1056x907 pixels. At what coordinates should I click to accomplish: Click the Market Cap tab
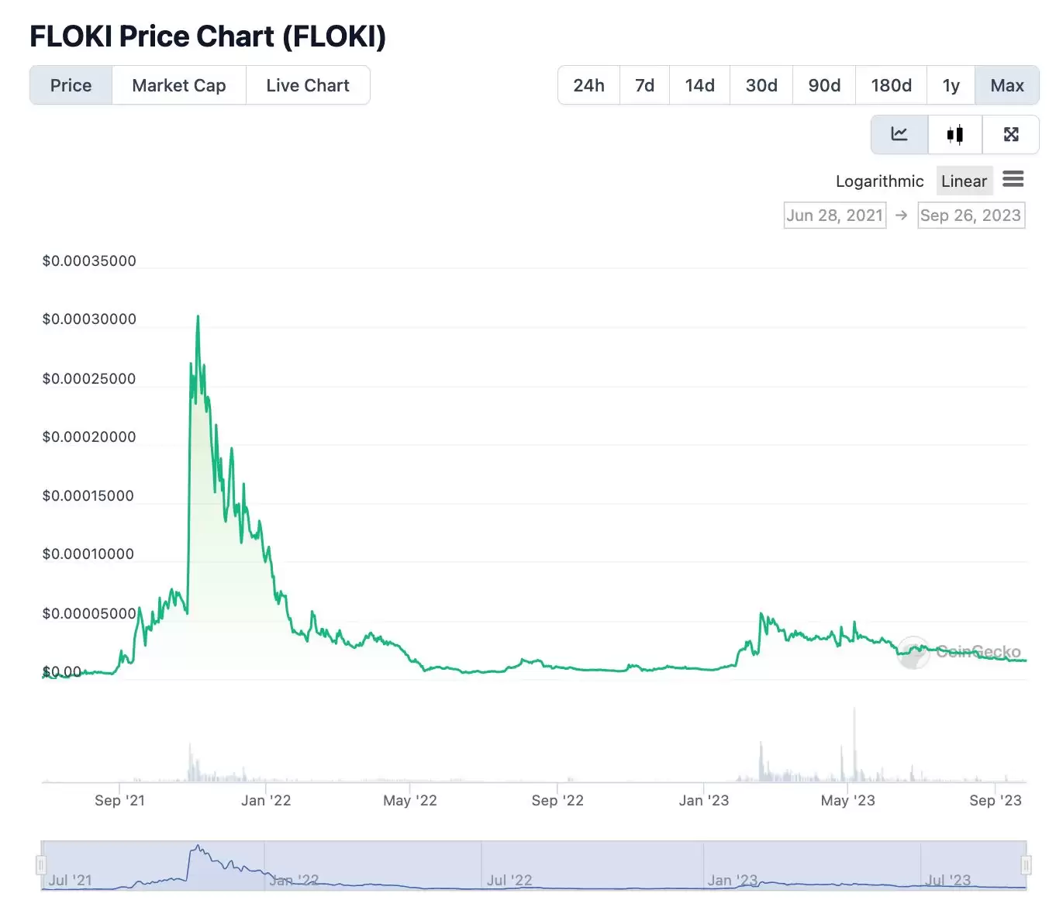pyautogui.click(x=178, y=85)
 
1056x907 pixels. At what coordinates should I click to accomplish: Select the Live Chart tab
pyautogui.click(x=308, y=85)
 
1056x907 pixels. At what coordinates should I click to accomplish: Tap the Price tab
pyautogui.click(x=71, y=85)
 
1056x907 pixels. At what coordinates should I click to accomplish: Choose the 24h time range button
pyautogui.click(x=588, y=85)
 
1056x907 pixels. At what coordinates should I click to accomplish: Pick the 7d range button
pyautogui.click(x=644, y=85)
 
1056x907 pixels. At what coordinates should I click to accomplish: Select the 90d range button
pyautogui.click(x=824, y=85)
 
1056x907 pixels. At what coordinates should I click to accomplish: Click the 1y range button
pyautogui.click(x=951, y=85)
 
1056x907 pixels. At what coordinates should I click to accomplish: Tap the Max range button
pyautogui.click(x=1007, y=85)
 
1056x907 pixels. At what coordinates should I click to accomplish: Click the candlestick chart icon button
pyautogui.click(x=955, y=135)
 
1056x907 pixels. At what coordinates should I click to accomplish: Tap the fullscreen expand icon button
pyautogui.click(x=1011, y=135)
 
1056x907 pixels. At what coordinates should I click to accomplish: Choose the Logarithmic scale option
pyautogui.click(x=879, y=181)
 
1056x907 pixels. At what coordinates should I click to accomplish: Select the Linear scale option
pyautogui.click(x=964, y=181)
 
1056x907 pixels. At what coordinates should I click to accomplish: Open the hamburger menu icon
pyautogui.click(x=1013, y=180)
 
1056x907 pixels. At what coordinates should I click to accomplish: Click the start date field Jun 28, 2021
pyautogui.click(x=834, y=216)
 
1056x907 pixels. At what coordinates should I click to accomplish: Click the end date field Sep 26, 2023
pyautogui.click(x=971, y=216)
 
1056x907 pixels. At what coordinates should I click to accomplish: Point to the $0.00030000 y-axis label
pyautogui.click(x=89, y=319)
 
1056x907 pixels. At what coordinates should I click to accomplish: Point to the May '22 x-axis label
pyautogui.click(x=409, y=801)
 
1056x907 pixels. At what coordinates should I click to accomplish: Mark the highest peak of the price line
pyautogui.click(x=198, y=316)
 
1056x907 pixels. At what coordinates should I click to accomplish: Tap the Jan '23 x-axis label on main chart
pyautogui.click(x=703, y=801)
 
